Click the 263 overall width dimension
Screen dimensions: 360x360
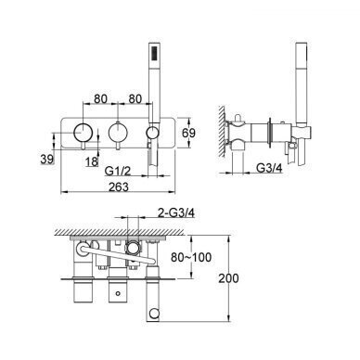pos(119,186)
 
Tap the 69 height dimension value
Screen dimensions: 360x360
pos(188,133)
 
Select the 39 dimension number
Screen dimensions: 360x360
pos(47,159)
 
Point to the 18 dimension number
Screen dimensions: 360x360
pos(92,161)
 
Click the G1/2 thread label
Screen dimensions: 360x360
pos(118,171)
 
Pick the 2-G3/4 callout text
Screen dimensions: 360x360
pos(175,212)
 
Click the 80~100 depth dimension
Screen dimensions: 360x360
pos(191,257)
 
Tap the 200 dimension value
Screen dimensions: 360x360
pos(229,278)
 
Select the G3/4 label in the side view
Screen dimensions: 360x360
pos(270,168)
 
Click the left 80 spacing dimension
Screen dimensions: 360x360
pos(101,99)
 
